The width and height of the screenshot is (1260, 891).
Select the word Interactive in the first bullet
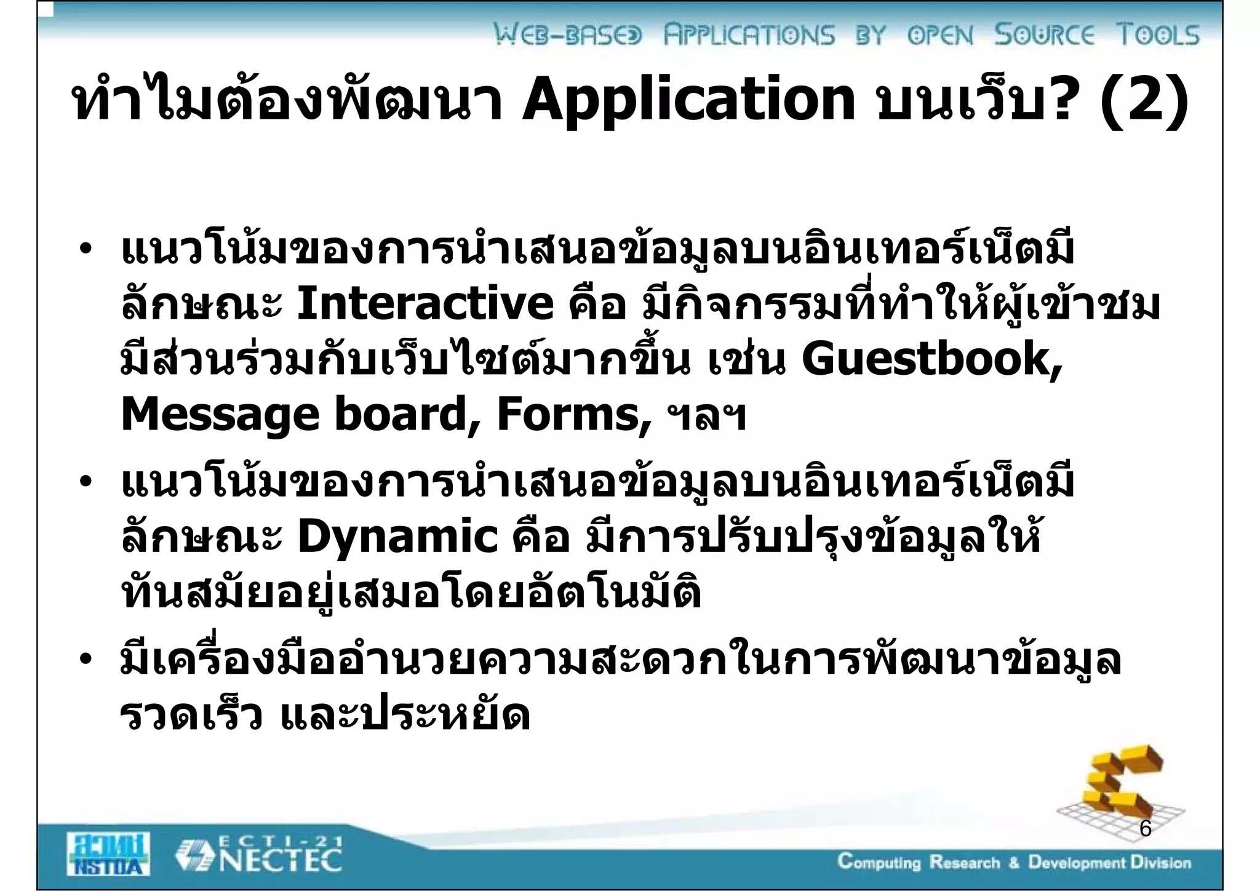425,304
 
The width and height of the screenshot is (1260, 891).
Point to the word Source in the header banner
1045,35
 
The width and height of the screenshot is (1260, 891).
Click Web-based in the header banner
568,35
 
